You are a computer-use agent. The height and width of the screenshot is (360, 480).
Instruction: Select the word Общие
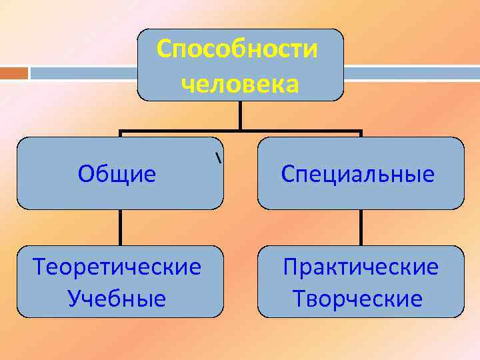(117, 175)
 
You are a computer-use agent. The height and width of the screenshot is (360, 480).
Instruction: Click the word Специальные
(358, 175)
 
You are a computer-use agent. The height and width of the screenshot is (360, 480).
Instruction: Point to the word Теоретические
(117, 267)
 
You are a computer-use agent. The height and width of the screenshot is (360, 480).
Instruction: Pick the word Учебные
(117, 299)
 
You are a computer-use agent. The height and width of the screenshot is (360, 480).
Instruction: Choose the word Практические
(361, 267)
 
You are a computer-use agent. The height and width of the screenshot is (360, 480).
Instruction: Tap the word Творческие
(357, 299)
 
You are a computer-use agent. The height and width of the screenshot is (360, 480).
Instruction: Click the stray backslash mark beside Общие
(218, 159)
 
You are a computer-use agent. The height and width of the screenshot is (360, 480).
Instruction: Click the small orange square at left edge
(14, 72)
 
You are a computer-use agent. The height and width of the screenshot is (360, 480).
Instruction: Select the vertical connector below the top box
(240, 115)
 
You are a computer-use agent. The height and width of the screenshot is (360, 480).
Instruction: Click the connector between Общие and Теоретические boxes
(121, 227)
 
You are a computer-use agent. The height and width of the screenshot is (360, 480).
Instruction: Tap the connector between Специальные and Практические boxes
(361, 227)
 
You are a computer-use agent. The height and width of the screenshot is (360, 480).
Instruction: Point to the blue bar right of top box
(411, 72)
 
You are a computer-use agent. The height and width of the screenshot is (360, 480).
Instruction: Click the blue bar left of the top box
(83, 72)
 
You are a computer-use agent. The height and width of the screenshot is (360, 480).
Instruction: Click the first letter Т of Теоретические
(39, 267)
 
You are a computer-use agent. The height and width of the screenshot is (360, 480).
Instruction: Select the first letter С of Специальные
(287, 175)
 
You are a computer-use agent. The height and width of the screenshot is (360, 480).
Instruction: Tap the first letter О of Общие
(85, 175)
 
